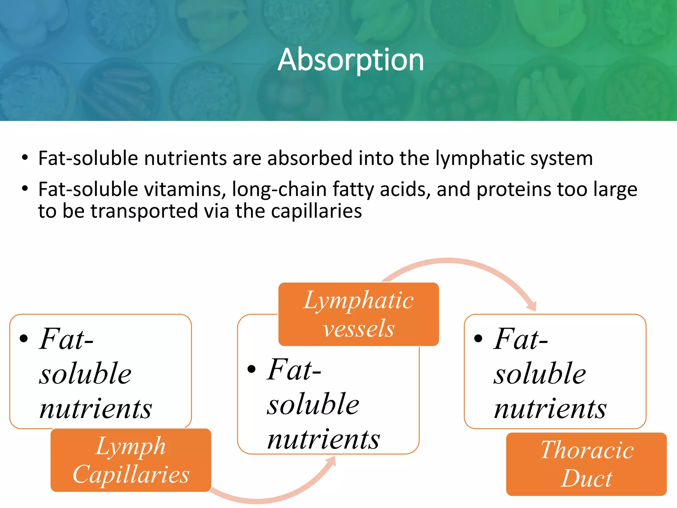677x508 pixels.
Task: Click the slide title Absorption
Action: point(351,60)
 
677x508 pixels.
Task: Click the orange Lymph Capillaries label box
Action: point(131,460)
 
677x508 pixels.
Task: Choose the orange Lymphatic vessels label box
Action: point(359,314)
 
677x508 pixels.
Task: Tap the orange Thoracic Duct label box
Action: point(586,464)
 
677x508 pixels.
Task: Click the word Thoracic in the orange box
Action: point(587,450)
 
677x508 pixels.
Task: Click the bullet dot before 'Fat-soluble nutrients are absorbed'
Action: point(25,158)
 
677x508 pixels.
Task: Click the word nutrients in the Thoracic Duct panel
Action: point(550,409)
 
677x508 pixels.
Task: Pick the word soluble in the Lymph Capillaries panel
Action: point(85,374)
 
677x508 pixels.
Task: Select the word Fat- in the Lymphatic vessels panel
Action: point(294,370)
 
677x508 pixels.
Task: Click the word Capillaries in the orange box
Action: point(131,475)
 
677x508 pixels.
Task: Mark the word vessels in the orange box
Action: point(359,329)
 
